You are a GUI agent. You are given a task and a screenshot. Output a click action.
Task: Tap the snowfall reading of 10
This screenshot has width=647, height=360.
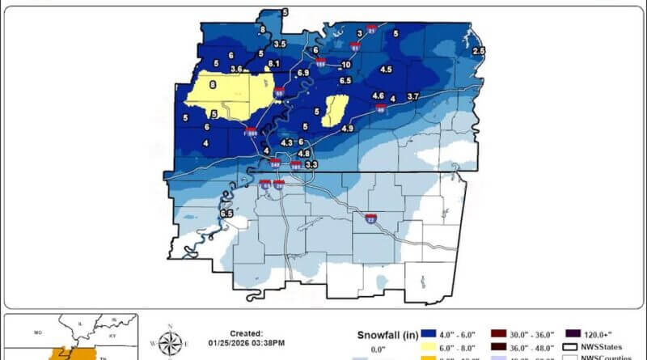pyautogui.click(x=346, y=65)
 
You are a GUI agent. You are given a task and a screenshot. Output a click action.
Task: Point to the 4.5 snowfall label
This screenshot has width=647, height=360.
pyautogui.click(x=386, y=70)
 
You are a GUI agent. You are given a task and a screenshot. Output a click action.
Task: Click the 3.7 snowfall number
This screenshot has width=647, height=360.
pyautogui.click(x=412, y=97)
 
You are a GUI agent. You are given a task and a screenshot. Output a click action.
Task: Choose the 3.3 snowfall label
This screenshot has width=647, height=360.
pyautogui.click(x=311, y=164)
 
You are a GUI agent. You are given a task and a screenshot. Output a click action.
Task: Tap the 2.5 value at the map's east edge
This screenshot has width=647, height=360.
pyautogui.click(x=478, y=51)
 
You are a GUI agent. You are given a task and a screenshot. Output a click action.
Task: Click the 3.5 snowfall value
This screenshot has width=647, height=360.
pyautogui.click(x=280, y=44)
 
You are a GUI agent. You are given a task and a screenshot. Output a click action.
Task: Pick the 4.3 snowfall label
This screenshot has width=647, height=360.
pyautogui.click(x=286, y=143)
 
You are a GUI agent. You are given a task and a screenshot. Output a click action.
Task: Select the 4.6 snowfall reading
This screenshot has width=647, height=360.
pyautogui.click(x=378, y=96)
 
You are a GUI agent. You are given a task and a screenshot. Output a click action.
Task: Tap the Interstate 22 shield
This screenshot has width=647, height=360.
pyautogui.click(x=370, y=218)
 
